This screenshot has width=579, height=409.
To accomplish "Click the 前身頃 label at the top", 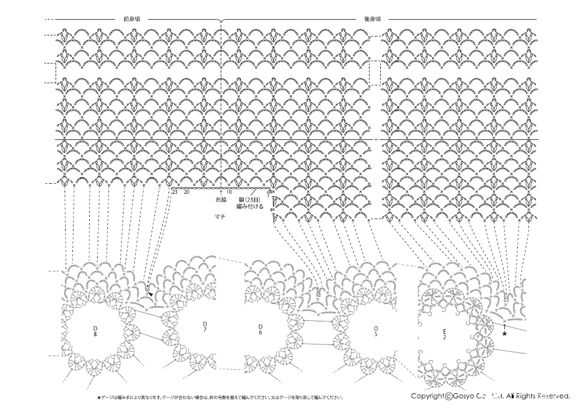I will tap(131, 19).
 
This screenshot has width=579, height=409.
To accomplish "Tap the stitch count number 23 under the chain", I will tap(175, 192).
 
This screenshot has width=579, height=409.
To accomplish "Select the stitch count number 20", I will tap(186, 192).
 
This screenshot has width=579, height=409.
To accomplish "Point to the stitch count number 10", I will tap(229, 192).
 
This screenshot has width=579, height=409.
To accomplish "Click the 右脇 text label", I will tap(221, 199).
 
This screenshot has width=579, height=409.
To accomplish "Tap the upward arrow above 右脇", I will tap(221, 192).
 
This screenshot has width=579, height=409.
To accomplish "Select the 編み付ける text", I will tap(250, 206).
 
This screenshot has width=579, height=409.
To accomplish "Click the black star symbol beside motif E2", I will tap(504, 334).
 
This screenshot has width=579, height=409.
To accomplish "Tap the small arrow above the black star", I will tap(504, 326).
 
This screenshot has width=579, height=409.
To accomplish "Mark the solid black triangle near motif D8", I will tap(150, 293).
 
